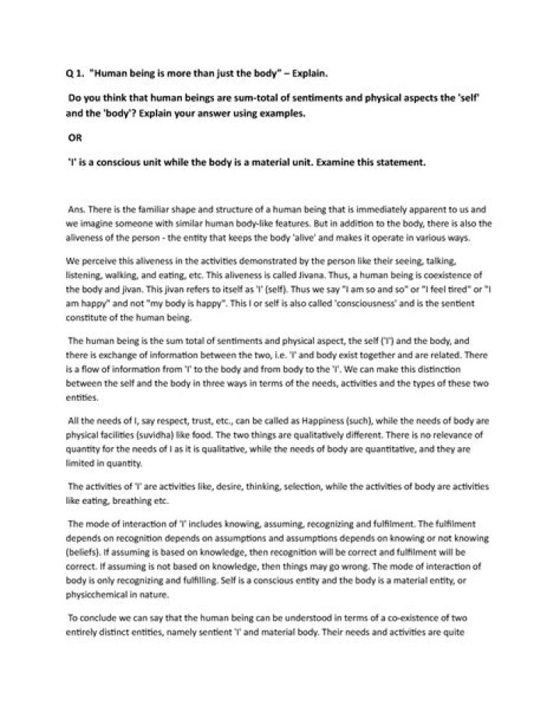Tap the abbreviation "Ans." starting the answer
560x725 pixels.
click(79, 210)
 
